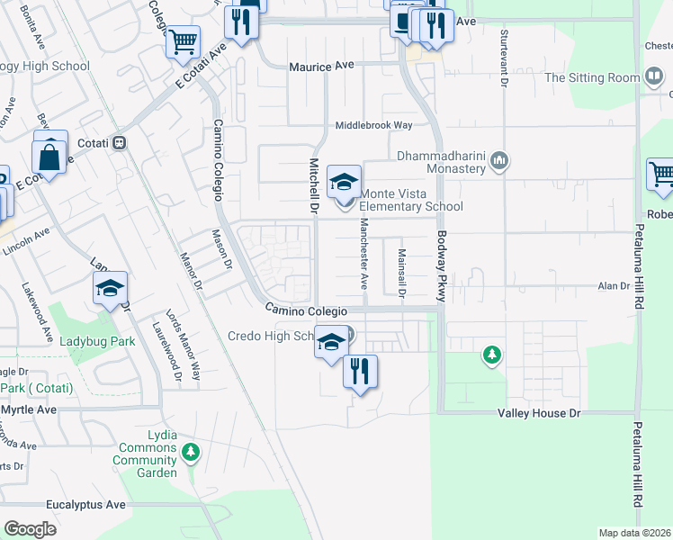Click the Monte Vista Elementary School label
(411, 199)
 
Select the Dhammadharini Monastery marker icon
(500, 163)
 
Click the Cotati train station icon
(119, 143)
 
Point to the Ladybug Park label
(97, 342)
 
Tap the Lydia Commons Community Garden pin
(190, 451)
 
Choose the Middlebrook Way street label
(373, 126)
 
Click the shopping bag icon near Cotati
(51, 157)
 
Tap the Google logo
(31, 528)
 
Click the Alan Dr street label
(615, 286)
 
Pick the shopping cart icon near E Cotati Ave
(183, 40)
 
